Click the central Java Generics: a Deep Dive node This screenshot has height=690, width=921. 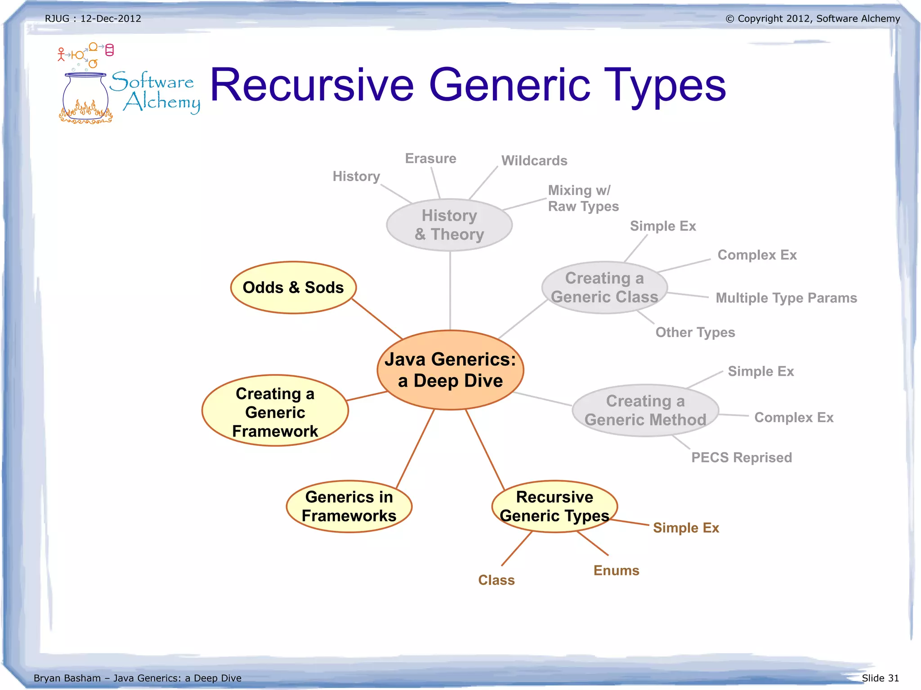pyautogui.click(x=450, y=370)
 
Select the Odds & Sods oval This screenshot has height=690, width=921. pyautogui.click(x=293, y=288)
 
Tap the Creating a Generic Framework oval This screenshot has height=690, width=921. pyautogui.click(x=275, y=411)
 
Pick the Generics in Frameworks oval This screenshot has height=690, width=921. pyautogui.click(x=349, y=507)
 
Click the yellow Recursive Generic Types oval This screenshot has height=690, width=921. pyautogui.click(x=554, y=507)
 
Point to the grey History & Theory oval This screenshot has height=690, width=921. pyautogui.click(x=449, y=225)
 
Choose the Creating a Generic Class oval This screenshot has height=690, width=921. pyautogui.click(x=604, y=288)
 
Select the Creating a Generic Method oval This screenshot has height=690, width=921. pyautogui.click(x=645, y=410)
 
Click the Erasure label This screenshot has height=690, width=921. pyautogui.click(x=430, y=159)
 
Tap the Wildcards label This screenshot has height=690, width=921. pyautogui.click(x=534, y=161)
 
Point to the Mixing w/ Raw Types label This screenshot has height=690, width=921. pyautogui.click(x=583, y=198)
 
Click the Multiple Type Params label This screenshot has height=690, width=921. pyautogui.click(x=786, y=298)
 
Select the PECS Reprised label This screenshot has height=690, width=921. pyautogui.click(x=742, y=458)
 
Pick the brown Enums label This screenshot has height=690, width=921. pyautogui.click(x=616, y=571)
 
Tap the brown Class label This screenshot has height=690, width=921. pyautogui.click(x=496, y=580)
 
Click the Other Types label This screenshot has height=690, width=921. pyautogui.click(x=695, y=333)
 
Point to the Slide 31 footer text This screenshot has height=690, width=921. pyautogui.click(x=880, y=678)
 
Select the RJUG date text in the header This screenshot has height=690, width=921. pyautogui.click(x=93, y=19)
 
